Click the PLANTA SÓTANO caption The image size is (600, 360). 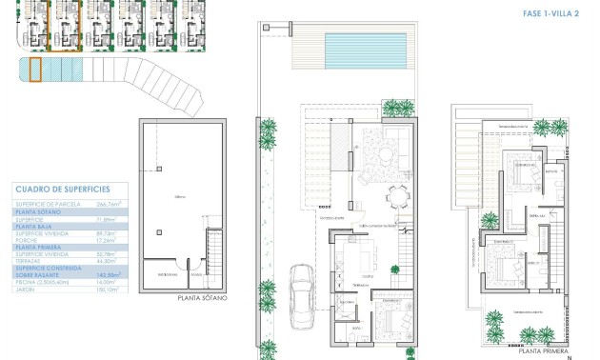click(202, 298)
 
